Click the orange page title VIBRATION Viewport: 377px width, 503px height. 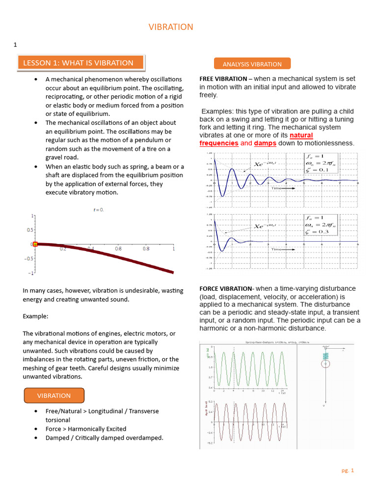point(171,27)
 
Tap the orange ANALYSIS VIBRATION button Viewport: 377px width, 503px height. point(252,64)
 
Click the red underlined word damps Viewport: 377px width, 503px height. point(265,143)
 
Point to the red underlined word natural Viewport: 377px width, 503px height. point(301,135)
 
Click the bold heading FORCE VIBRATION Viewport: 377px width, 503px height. point(225,288)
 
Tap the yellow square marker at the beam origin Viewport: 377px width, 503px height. point(35,244)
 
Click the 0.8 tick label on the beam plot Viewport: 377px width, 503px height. point(146,249)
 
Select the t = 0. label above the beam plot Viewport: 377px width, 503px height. point(99,210)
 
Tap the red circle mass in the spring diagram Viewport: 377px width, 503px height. point(324,364)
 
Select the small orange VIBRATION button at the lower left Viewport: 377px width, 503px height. point(54,395)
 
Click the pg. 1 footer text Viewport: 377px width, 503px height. point(348,470)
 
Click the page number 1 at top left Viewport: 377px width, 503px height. point(15,45)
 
